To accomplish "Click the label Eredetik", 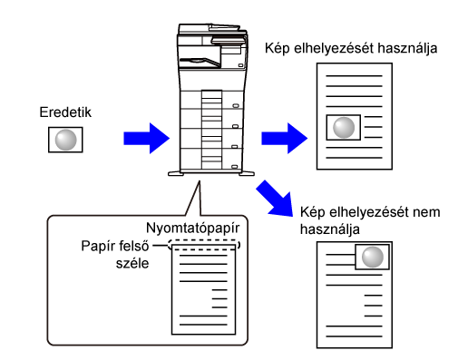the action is click(x=65, y=112).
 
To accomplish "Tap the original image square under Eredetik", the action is click(x=65, y=140).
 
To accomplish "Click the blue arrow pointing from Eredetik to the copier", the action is click(x=146, y=139).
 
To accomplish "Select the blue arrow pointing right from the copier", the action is click(x=284, y=139).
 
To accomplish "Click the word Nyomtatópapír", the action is click(x=192, y=228).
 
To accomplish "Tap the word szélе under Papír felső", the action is click(x=132, y=263).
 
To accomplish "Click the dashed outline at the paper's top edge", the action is click(x=204, y=240).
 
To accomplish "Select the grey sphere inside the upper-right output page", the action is click(x=344, y=128).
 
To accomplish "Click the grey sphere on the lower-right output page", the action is click(x=372, y=257).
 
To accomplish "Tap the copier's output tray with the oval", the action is click(x=200, y=62).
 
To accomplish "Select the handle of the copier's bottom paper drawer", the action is click(x=234, y=167).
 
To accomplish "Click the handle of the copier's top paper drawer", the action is click(x=236, y=106).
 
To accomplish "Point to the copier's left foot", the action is click(x=176, y=174).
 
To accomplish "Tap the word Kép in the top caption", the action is click(x=278, y=48).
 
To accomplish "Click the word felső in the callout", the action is click(x=132, y=246).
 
